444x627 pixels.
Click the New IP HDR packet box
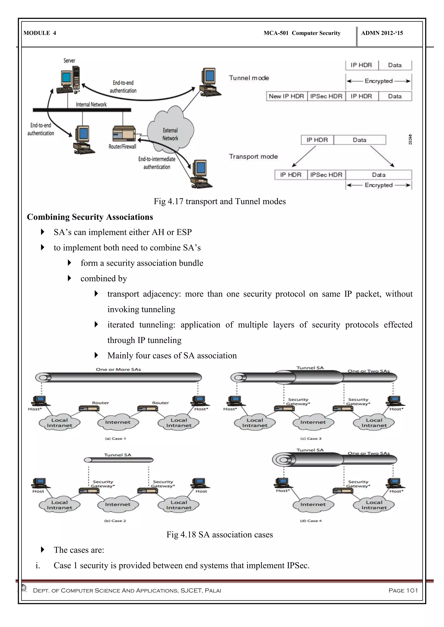point(286,96)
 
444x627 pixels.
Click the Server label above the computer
point(69,60)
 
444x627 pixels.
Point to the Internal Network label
point(91,104)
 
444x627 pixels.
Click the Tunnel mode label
point(249,78)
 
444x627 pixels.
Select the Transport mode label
point(253,157)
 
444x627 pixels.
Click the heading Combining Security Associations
point(90,217)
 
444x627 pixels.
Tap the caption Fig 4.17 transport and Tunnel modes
point(220,201)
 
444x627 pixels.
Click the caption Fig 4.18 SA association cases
point(220,534)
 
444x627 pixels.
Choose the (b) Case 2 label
point(115,521)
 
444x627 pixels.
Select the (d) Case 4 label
point(311,521)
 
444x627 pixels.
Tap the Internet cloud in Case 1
point(118,422)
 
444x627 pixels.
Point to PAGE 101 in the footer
point(403,590)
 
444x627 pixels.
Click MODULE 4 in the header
point(40,33)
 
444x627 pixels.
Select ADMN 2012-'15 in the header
point(382,33)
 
